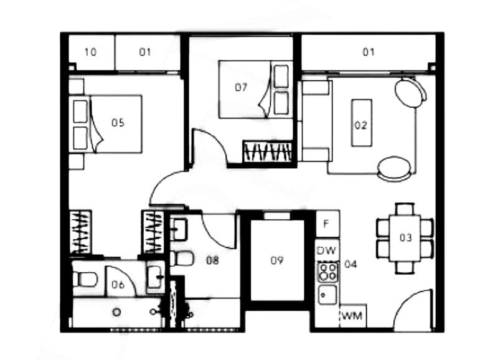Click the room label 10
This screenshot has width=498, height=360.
pos(90,52)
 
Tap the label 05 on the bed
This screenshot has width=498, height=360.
pos(118,123)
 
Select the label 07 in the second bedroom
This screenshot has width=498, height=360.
pos(241,87)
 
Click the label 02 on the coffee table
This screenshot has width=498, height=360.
pos(361,125)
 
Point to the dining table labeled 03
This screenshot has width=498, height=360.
pos(405,238)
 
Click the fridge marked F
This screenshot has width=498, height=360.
pos(327,224)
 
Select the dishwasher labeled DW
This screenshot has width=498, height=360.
pos(327,250)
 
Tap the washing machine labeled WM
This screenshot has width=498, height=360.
pos(353,316)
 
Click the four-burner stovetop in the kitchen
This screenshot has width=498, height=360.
pos(328,272)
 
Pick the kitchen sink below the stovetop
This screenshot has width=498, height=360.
pos(327,295)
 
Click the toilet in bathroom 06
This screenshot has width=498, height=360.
pos(85,278)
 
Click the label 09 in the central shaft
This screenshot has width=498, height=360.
pos(276,260)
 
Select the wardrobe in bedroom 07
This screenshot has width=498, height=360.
pos(268,151)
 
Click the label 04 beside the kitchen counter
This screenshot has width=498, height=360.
pos(350,264)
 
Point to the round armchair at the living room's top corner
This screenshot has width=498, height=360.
pos(410,92)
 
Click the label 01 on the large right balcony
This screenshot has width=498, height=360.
pos(369,52)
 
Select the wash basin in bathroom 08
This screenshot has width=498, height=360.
pos(179,229)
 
